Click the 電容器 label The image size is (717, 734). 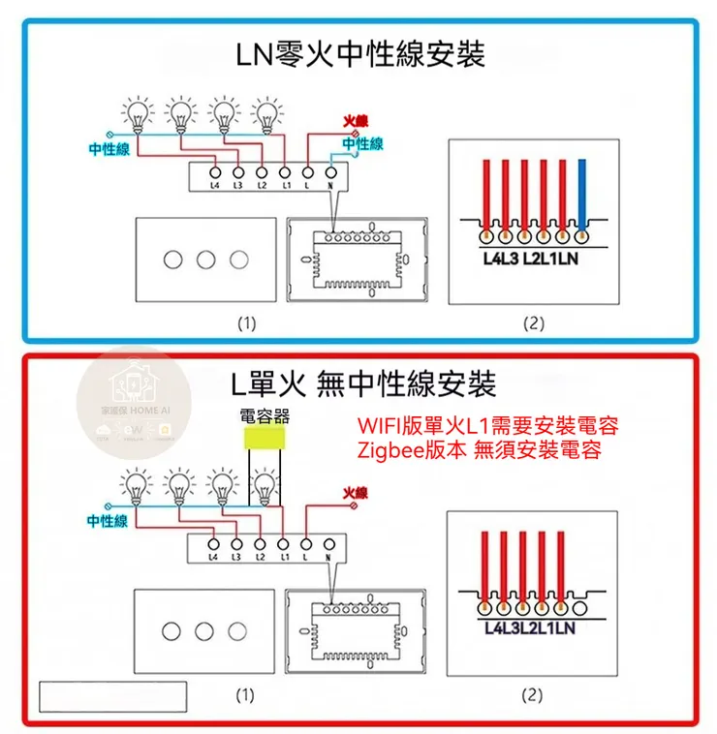265,417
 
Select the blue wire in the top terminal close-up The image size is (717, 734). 581,194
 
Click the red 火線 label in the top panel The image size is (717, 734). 356,121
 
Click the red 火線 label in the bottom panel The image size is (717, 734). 356,493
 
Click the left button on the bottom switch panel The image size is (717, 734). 172,631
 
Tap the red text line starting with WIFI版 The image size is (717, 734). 488,426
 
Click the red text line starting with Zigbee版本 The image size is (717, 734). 480,449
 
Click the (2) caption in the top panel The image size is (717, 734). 533,323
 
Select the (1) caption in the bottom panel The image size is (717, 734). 245,694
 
